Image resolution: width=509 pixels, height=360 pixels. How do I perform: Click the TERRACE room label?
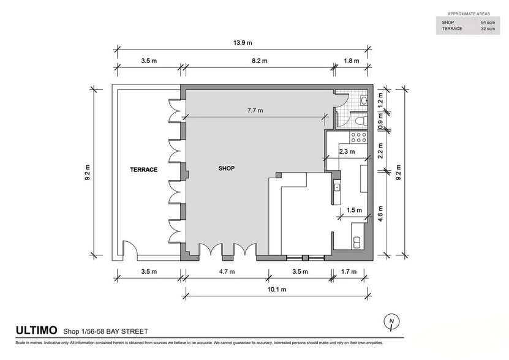click(143, 170)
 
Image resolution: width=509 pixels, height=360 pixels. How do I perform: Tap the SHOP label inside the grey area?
click(226, 168)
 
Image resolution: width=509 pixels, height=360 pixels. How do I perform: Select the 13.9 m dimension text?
click(243, 42)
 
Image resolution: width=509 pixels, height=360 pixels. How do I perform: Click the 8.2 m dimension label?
click(260, 61)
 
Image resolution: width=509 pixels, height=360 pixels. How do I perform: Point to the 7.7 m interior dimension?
click(255, 110)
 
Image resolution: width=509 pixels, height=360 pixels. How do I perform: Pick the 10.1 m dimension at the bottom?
click(277, 290)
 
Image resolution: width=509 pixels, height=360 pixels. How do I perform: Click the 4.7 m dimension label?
click(227, 272)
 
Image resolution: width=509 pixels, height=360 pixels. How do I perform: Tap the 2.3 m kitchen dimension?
click(347, 152)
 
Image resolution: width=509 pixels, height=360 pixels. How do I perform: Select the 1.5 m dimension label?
click(354, 211)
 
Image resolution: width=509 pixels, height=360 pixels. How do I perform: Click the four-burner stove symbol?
click(358, 137)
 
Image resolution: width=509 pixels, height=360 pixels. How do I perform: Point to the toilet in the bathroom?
click(361, 121)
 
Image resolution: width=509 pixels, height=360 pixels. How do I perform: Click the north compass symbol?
click(391, 321)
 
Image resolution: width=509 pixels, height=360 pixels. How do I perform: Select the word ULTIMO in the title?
click(36, 331)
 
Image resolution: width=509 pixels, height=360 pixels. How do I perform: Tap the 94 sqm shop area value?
click(488, 23)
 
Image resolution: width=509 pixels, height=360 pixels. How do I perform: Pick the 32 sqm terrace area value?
click(488, 29)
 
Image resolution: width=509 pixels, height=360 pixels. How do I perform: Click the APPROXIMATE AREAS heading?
click(469, 13)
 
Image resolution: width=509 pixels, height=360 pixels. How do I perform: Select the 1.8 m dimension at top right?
click(351, 61)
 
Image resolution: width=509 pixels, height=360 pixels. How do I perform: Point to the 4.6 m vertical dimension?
click(380, 214)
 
